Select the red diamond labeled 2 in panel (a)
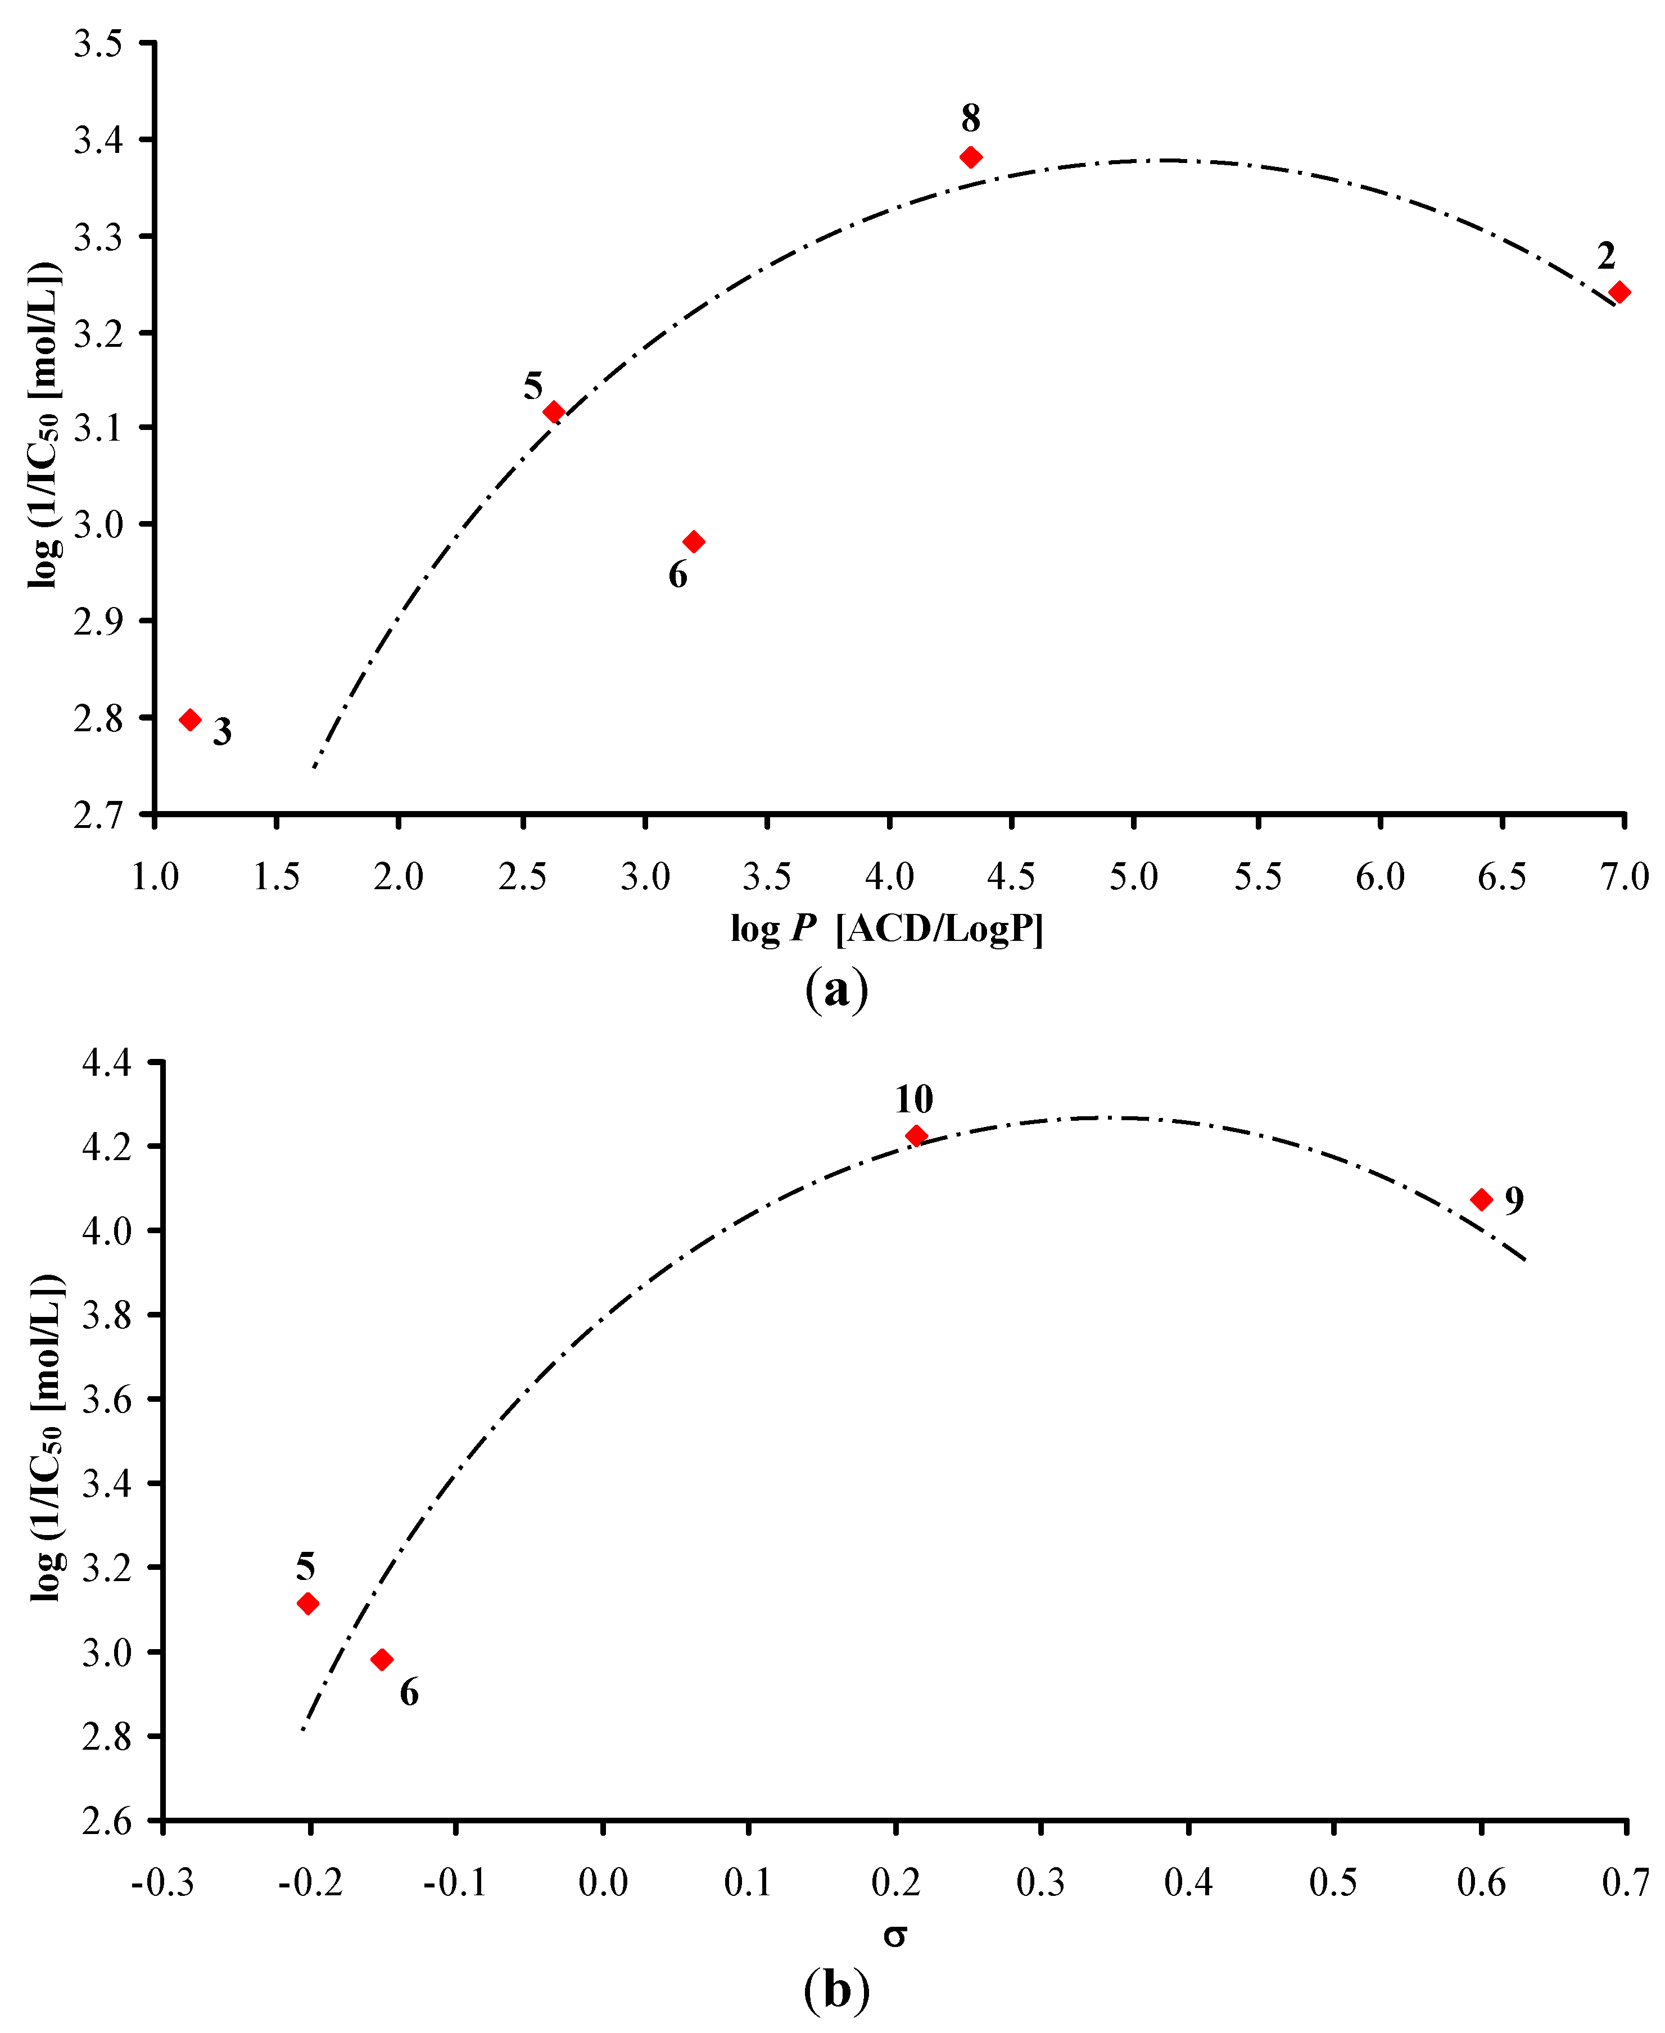[1619, 292]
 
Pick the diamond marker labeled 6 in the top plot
[694, 542]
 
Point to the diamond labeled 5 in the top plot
[553, 411]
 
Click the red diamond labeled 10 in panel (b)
[916, 1135]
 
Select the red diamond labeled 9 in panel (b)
[1482, 1199]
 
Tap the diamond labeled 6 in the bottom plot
[382, 1659]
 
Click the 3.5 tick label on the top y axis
[99, 44]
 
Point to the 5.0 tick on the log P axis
[1134, 876]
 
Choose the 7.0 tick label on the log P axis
[1624, 876]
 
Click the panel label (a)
[836, 989]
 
